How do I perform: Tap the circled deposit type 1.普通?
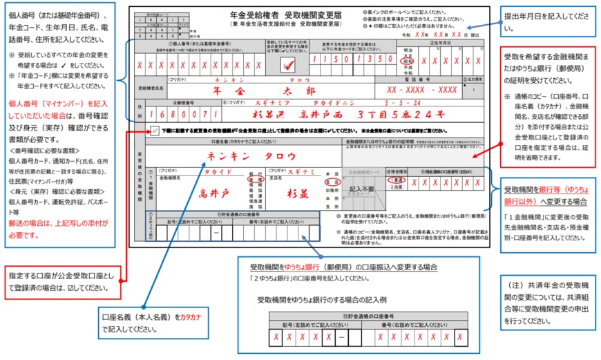pos(397,180)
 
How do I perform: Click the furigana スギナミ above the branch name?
pos(302,170)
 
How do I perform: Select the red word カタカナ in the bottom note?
pos(190,317)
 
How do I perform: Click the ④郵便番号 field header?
pos(180,103)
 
